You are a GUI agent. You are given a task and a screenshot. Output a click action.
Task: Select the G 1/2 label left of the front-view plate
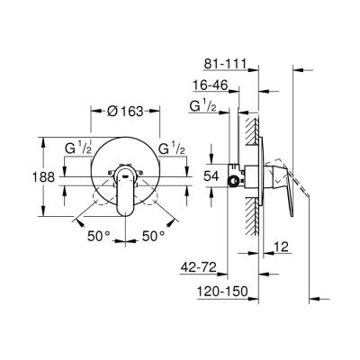(80, 148)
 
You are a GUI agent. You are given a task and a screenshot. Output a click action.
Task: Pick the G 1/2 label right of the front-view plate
(173, 148)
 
